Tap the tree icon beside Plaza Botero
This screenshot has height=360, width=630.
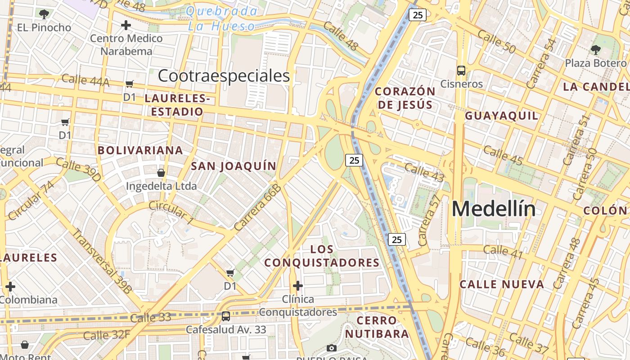click(596, 49)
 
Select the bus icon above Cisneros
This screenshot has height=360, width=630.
click(461, 71)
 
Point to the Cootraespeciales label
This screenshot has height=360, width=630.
click(224, 76)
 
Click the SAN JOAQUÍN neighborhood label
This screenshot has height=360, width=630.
click(234, 166)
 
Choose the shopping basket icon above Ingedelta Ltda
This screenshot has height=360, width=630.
click(161, 173)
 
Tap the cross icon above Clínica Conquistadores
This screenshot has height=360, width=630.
click(297, 286)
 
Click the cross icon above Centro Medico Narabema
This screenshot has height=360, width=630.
click(126, 25)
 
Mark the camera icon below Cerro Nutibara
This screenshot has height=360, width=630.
click(332, 348)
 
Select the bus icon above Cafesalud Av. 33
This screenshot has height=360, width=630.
click(226, 316)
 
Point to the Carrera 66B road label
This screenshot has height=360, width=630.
click(258, 207)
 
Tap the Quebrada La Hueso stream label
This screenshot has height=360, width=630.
click(222, 19)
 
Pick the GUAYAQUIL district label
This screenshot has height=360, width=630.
click(501, 116)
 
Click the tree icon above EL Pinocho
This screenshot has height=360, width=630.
click(44, 14)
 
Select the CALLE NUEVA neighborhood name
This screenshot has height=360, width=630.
click(502, 284)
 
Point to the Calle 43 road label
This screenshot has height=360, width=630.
click(424, 172)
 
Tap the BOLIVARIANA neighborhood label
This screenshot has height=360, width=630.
click(140, 150)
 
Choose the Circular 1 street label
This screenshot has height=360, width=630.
click(171, 212)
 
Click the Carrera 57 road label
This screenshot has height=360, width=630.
click(429, 220)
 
